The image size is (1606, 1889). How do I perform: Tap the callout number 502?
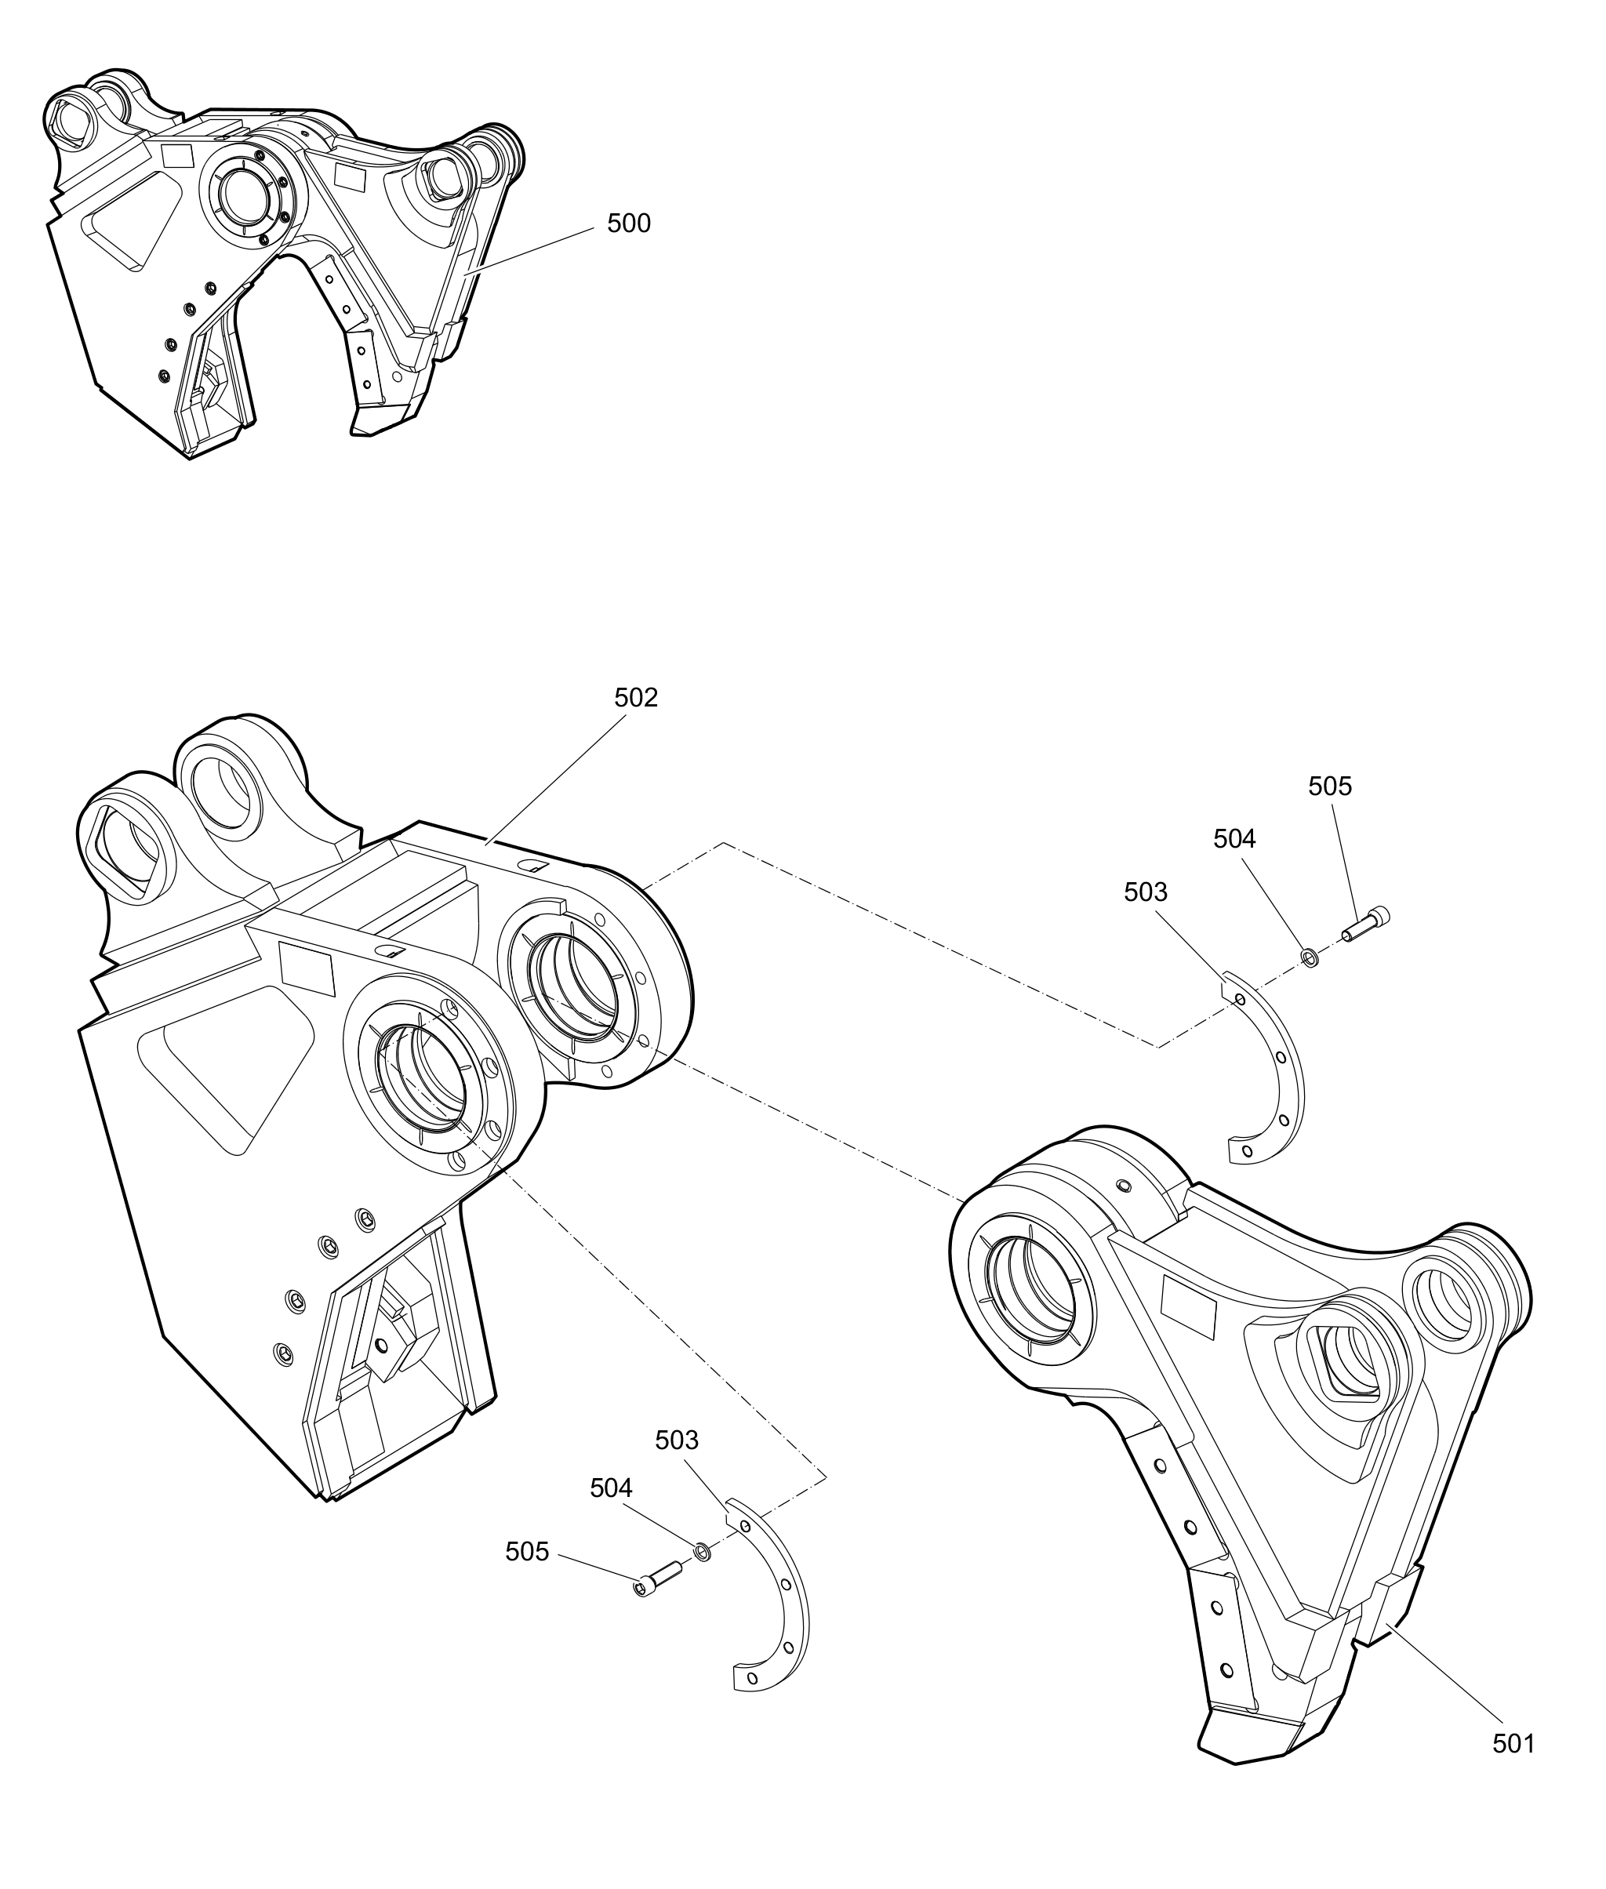pos(635,697)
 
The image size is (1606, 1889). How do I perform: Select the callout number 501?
pos(1513,1743)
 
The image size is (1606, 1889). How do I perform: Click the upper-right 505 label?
pos(1330,786)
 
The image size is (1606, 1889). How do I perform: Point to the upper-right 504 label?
pos(1234,838)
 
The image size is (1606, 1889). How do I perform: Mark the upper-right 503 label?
pos(1146,892)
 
